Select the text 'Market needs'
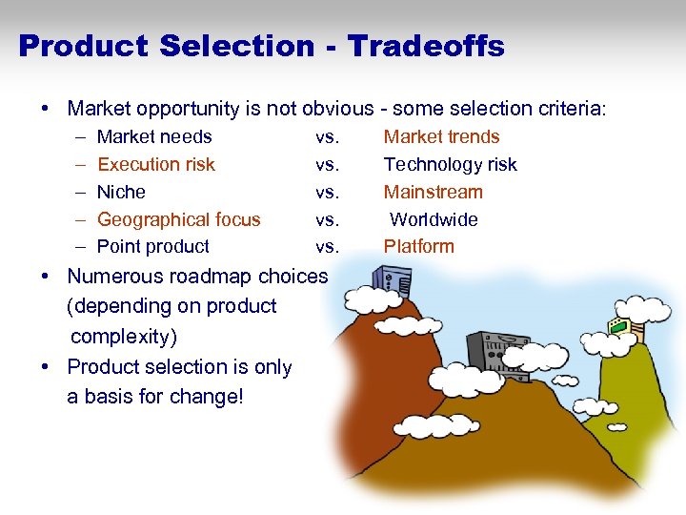tap(154, 136)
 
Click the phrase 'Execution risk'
tap(156, 164)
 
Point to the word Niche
tap(121, 192)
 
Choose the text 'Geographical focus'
tap(178, 219)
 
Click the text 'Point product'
tap(152, 246)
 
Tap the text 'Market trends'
tap(441, 136)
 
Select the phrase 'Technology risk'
tap(450, 164)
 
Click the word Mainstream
tap(433, 192)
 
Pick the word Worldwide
tap(434, 219)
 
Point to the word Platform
tap(418, 246)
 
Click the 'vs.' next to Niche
tap(327, 192)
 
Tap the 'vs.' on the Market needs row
tap(327, 136)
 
